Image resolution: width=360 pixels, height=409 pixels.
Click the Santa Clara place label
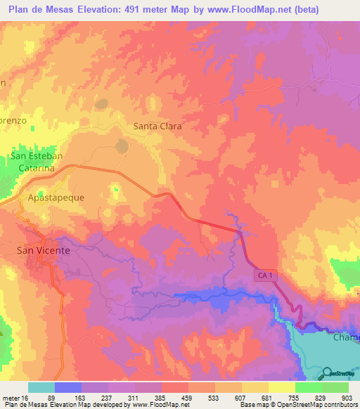[157, 126]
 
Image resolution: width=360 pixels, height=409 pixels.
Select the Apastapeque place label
[56, 197]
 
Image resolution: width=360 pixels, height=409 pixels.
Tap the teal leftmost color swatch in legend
[41, 387]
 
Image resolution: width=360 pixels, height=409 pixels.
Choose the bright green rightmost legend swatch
[335, 387]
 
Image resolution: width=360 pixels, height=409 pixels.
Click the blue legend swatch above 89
[68, 387]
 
